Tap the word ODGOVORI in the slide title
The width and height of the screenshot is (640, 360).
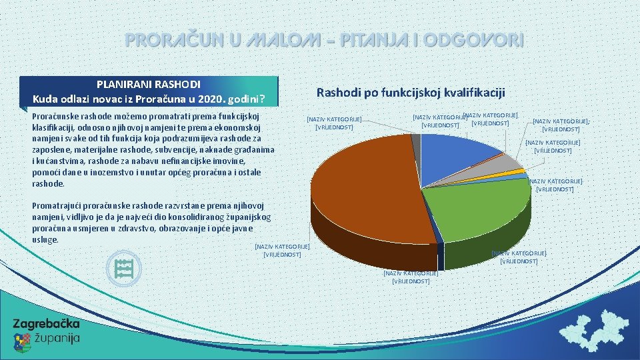coord(474,40)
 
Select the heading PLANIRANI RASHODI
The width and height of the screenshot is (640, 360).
coord(148,85)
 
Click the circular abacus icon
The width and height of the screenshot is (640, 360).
coord(124,269)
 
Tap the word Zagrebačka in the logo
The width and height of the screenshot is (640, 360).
coord(46,324)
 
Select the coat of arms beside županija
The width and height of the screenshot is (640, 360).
coord(22,341)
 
